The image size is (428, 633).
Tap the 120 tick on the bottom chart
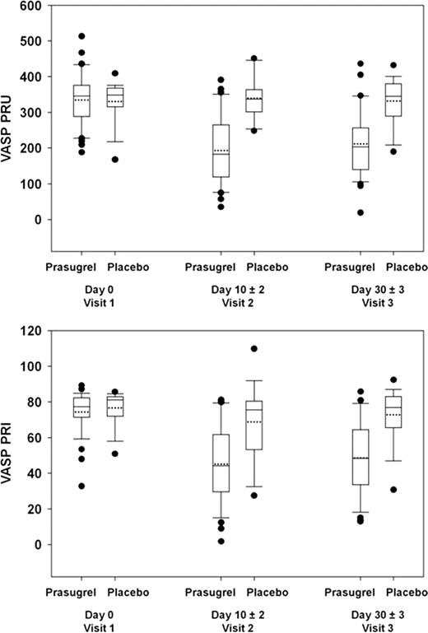[x=30, y=330]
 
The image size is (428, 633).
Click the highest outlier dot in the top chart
[x=81, y=36]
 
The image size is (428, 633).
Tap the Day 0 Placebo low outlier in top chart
[x=115, y=160]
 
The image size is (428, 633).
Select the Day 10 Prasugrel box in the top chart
[x=221, y=151]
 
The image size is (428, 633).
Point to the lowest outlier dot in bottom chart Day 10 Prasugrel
[x=221, y=541]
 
